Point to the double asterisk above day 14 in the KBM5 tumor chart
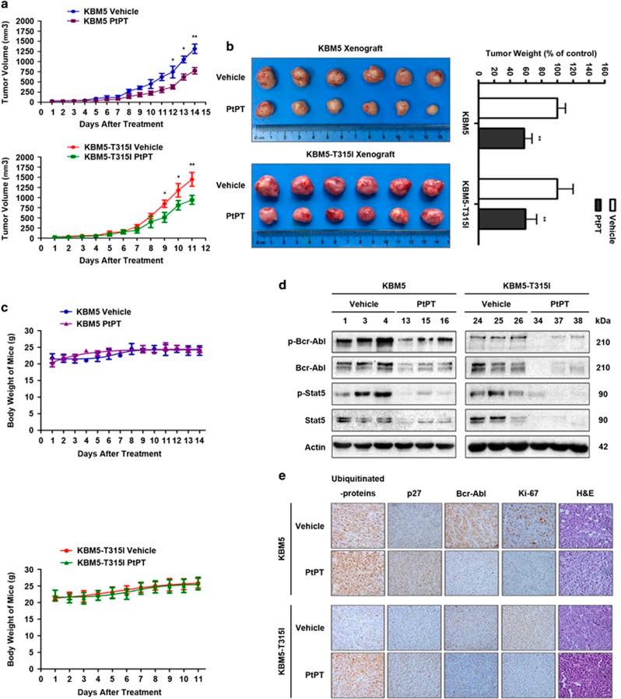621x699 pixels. click(x=194, y=37)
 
